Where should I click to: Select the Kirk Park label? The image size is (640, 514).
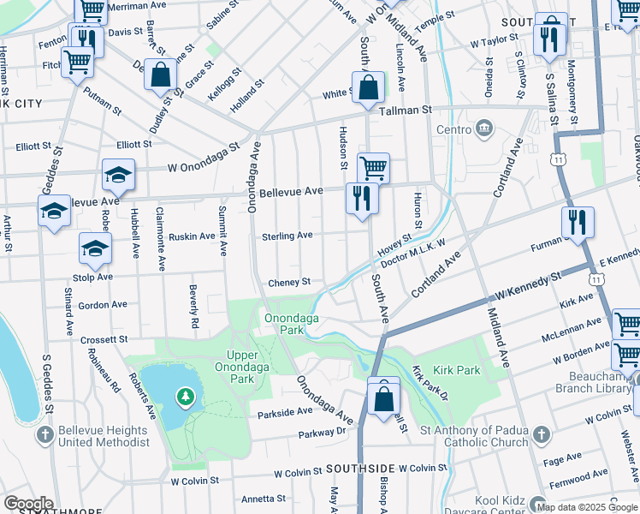pyautogui.click(x=457, y=370)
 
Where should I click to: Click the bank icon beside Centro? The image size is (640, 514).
pyautogui.click(x=485, y=129)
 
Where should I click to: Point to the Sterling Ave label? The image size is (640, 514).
pyautogui.click(x=287, y=236)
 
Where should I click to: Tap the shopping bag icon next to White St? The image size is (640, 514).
pyautogui.click(x=367, y=87)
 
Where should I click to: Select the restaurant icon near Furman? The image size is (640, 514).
pyautogui.click(x=578, y=222)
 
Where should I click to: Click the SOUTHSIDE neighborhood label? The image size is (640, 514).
pyautogui.click(x=359, y=469)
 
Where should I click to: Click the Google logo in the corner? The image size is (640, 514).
pyautogui.click(x=28, y=504)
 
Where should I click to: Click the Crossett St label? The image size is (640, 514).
pyautogui.click(x=104, y=340)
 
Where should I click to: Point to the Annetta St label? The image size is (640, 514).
pyautogui.click(x=264, y=499)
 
